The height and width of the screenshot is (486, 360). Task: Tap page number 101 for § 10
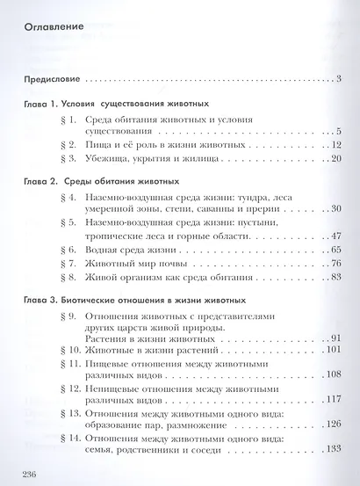tap(333, 350)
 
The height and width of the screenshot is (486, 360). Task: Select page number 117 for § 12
tap(333, 399)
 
